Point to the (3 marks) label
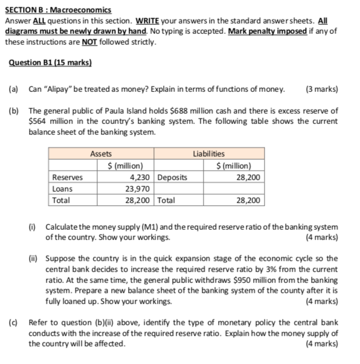pos(322,89)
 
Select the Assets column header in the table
pos(101,154)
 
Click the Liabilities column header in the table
pos(208,154)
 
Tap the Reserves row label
pos(68,177)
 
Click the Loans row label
pos(63,189)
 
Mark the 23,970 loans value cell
pos(140,189)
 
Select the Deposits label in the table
pos(173,177)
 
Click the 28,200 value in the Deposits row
pos(248,177)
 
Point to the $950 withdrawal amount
pos(242,279)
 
